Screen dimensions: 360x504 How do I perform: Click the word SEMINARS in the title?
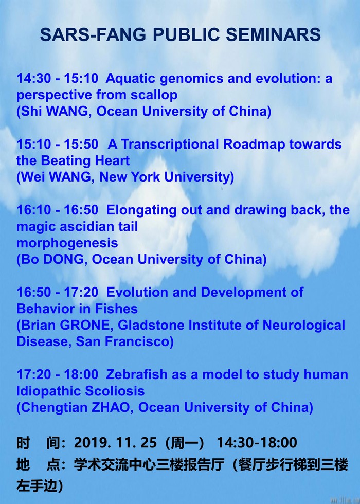273,35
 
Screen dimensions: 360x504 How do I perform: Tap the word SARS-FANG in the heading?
93,35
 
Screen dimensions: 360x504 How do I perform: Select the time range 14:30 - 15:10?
57,78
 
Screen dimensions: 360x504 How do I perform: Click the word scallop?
154,95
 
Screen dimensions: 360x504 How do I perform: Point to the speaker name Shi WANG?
56,112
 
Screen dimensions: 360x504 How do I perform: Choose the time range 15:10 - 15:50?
57,145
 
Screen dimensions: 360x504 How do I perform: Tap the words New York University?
167,177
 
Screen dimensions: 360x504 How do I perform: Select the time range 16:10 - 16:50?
57,210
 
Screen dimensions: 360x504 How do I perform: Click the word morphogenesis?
67,243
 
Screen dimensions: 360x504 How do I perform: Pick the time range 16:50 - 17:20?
57,292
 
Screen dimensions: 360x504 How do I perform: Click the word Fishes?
112,309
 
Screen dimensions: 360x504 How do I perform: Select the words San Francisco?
124,341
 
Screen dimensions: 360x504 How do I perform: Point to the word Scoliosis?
115,391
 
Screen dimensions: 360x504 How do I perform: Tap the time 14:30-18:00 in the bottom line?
257,443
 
